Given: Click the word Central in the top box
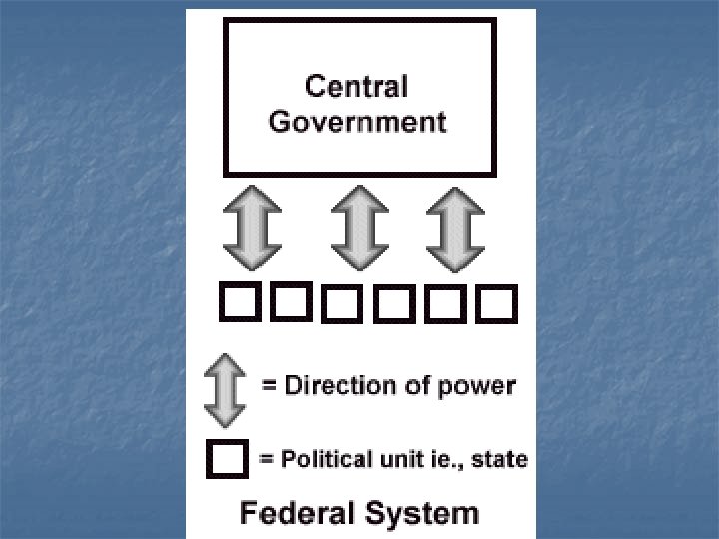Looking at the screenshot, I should pyautogui.click(x=357, y=87).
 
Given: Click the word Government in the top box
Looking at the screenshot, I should pyautogui.click(x=359, y=123).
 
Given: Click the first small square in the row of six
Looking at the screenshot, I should pyautogui.click(x=238, y=302).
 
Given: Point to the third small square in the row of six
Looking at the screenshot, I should pyautogui.click(x=341, y=304).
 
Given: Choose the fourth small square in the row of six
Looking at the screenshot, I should pyautogui.click(x=393, y=304).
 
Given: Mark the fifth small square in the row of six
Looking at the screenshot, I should pyautogui.click(x=445, y=304).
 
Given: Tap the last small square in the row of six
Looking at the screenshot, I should pyautogui.click(x=496, y=304).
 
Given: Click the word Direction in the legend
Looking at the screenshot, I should pyautogui.click(x=334, y=386).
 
